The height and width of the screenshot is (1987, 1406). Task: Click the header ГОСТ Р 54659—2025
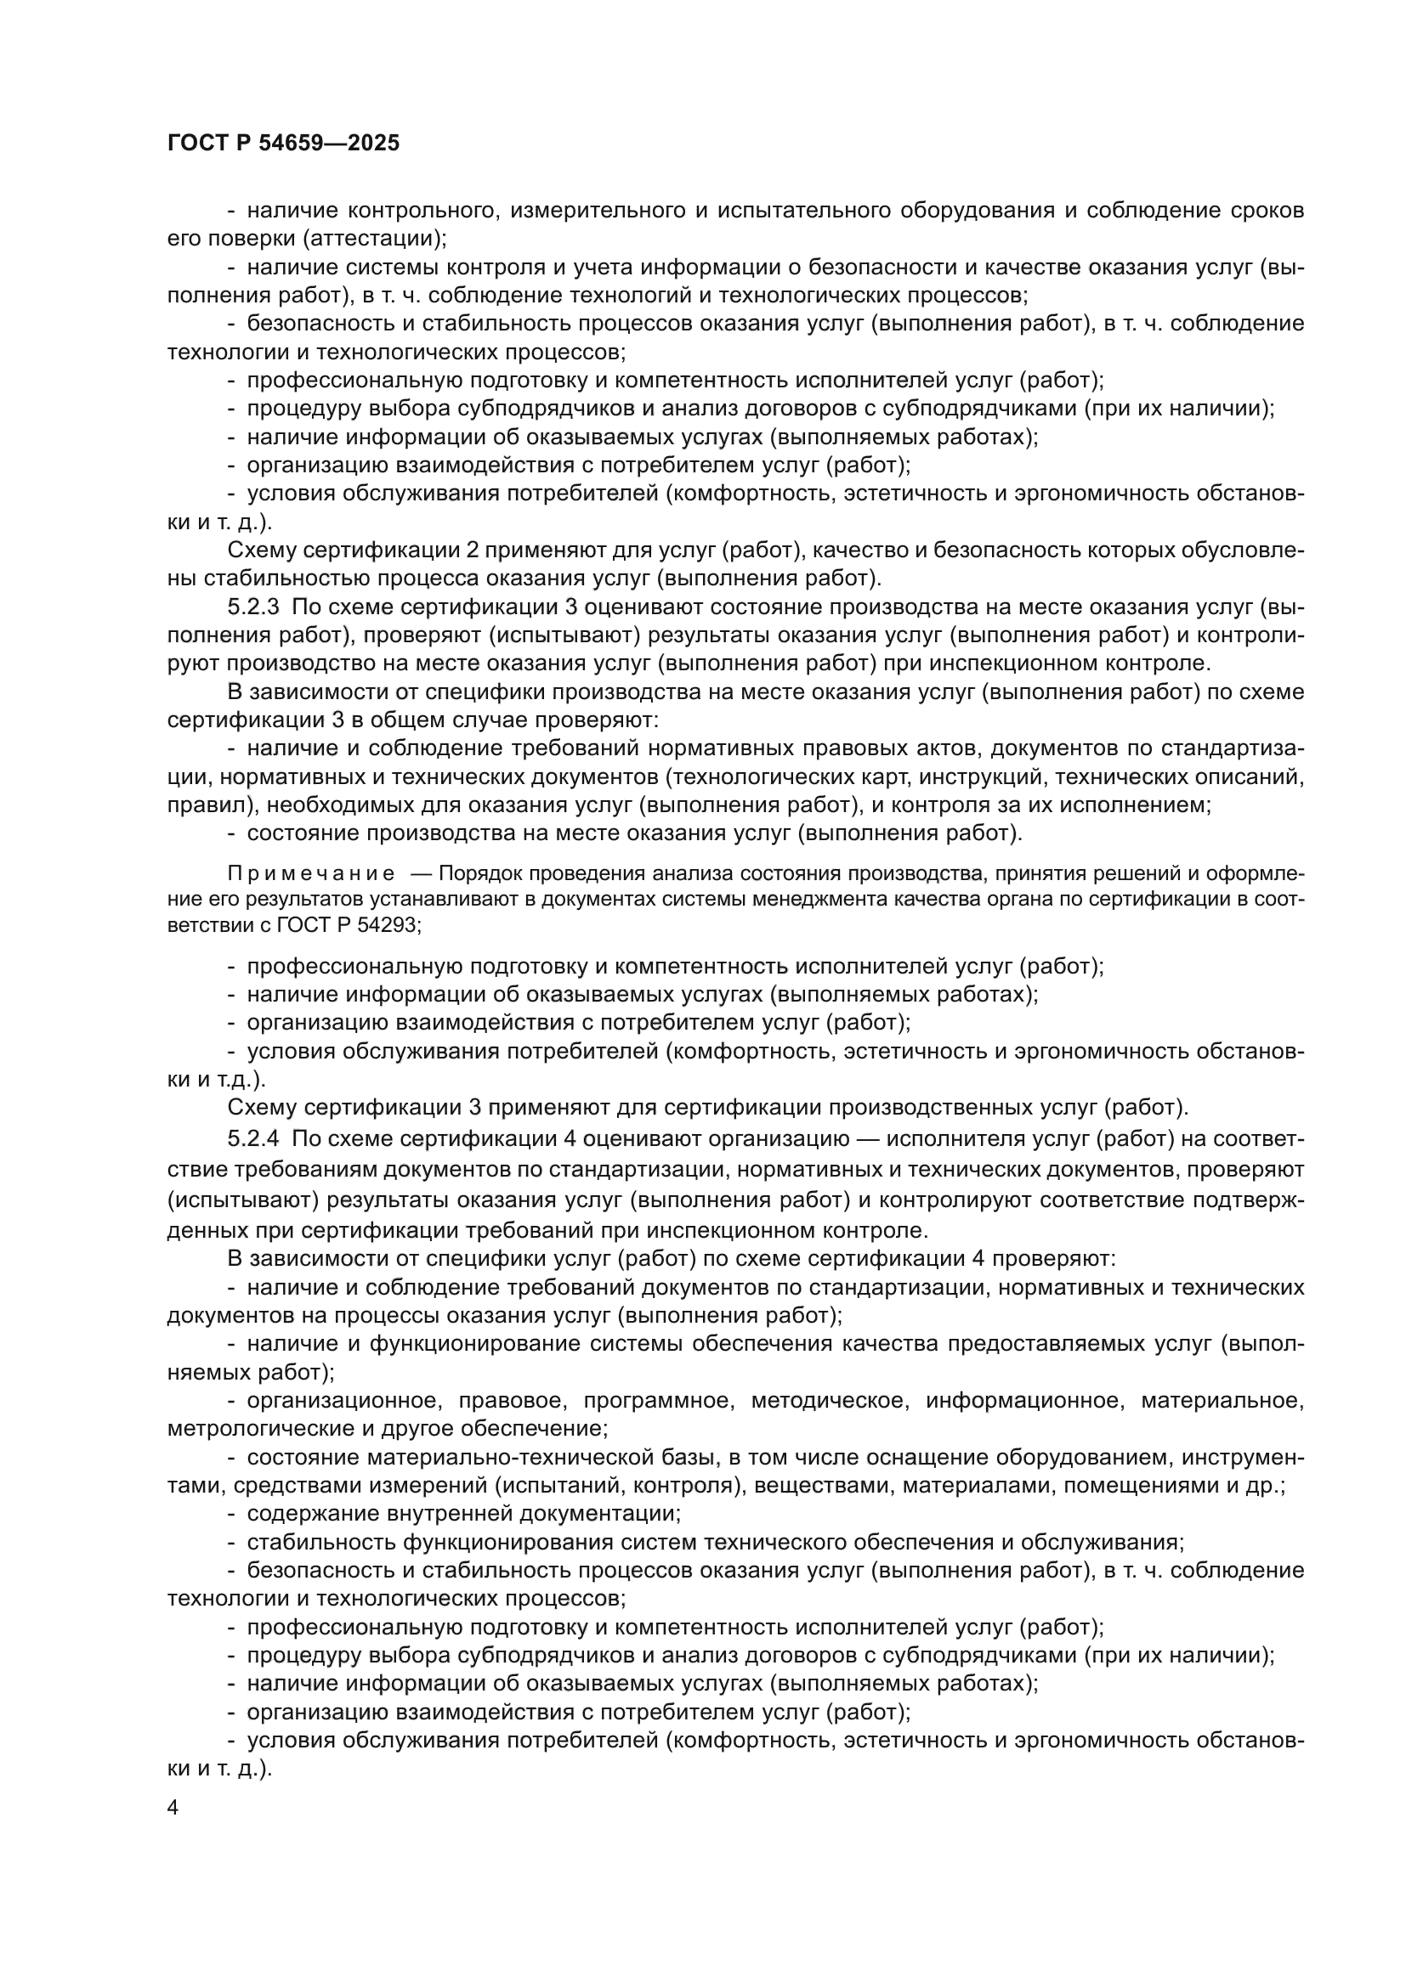283,144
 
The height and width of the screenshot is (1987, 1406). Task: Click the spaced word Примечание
311,873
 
